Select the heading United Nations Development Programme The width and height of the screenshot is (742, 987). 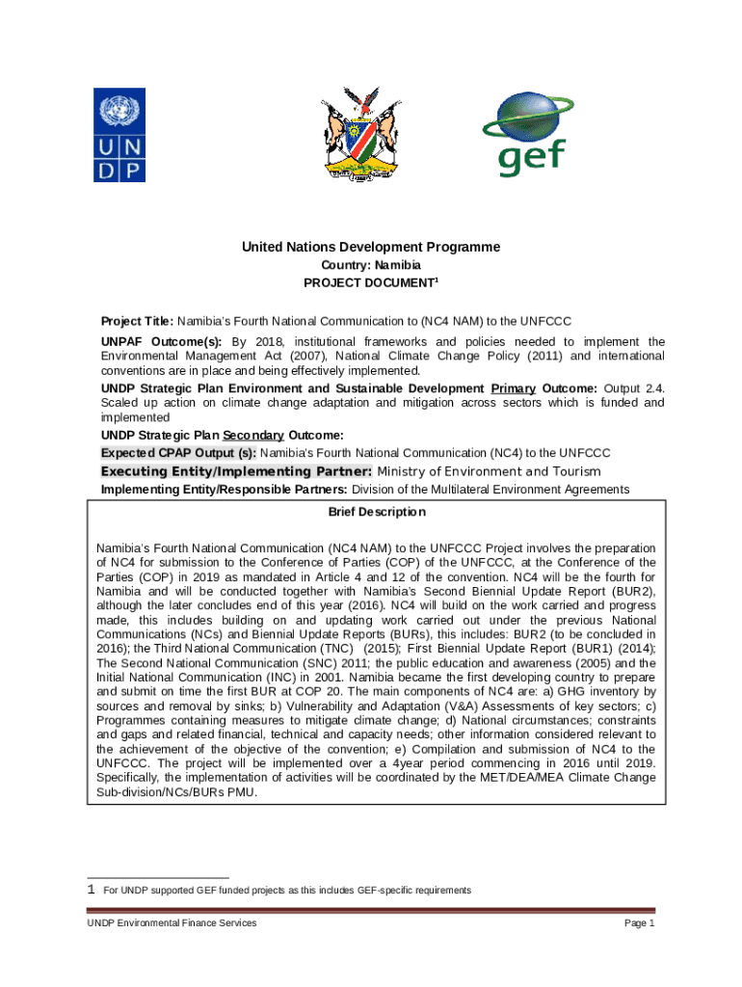pyautogui.click(x=370, y=248)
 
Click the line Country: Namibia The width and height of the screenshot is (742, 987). pyautogui.click(x=370, y=265)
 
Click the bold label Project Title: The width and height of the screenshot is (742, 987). pyautogui.click(x=138, y=321)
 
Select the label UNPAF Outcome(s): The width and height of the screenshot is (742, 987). pyautogui.click(x=162, y=342)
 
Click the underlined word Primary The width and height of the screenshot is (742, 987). pyautogui.click(x=513, y=388)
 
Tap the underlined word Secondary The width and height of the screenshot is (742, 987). pyautogui.click(x=253, y=436)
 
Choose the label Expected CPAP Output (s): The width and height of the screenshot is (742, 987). pyautogui.click(x=179, y=453)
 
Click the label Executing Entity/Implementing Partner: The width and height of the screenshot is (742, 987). pyautogui.click(x=236, y=471)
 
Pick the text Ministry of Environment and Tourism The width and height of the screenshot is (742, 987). pyautogui.click(x=489, y=471)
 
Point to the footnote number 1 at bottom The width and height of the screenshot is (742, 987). pyautogui.click(x=91, y=890)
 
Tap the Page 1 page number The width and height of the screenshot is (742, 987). pyautogui.click(x=639, y=923)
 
